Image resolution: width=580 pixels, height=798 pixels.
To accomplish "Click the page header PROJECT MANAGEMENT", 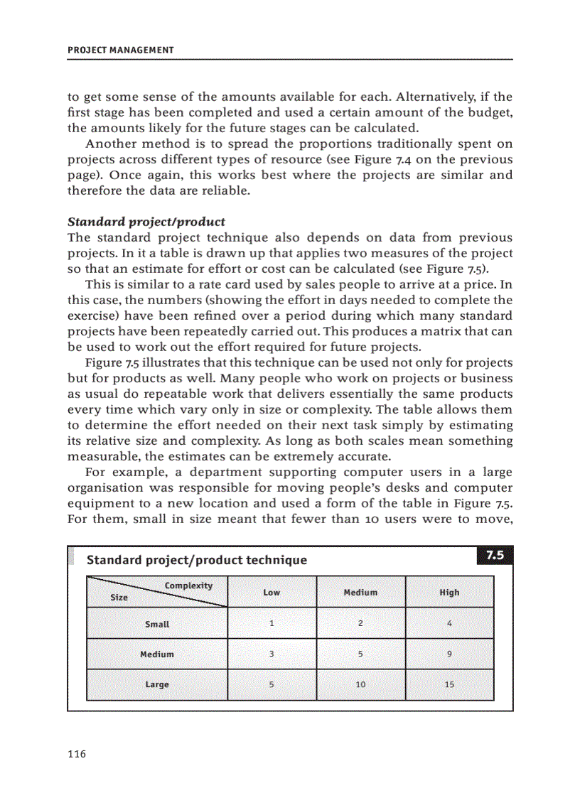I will (x=120, y=50).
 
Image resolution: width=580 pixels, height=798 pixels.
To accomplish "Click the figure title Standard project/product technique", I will (x=197, y=560).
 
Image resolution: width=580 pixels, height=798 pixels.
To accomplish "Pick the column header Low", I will (x=272, y=592).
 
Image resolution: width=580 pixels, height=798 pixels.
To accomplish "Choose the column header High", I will (x=449, y=592).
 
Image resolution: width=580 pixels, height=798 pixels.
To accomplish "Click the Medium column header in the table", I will (x=360, y=592).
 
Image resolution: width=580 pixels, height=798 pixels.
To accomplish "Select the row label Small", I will (x=157, y=624).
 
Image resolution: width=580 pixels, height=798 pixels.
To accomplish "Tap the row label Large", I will (x=157, y=684).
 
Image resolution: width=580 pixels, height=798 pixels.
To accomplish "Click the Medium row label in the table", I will (x=157, y=654).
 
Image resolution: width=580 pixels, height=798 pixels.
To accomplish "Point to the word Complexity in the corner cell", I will (x=188, y=586).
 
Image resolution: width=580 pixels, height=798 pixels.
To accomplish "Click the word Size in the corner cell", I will (x=119, y=598).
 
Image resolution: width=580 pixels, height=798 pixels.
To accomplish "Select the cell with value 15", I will (x=449, y=684).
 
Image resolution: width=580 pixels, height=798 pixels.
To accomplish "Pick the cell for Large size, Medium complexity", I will (x=360, y=684).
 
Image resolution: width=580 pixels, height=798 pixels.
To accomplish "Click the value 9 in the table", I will (x=449, y=654).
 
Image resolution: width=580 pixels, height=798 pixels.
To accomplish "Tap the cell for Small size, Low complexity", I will (x=272, y=623).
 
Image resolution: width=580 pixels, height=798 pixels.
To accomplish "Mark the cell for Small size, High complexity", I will (x=449, y=623).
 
